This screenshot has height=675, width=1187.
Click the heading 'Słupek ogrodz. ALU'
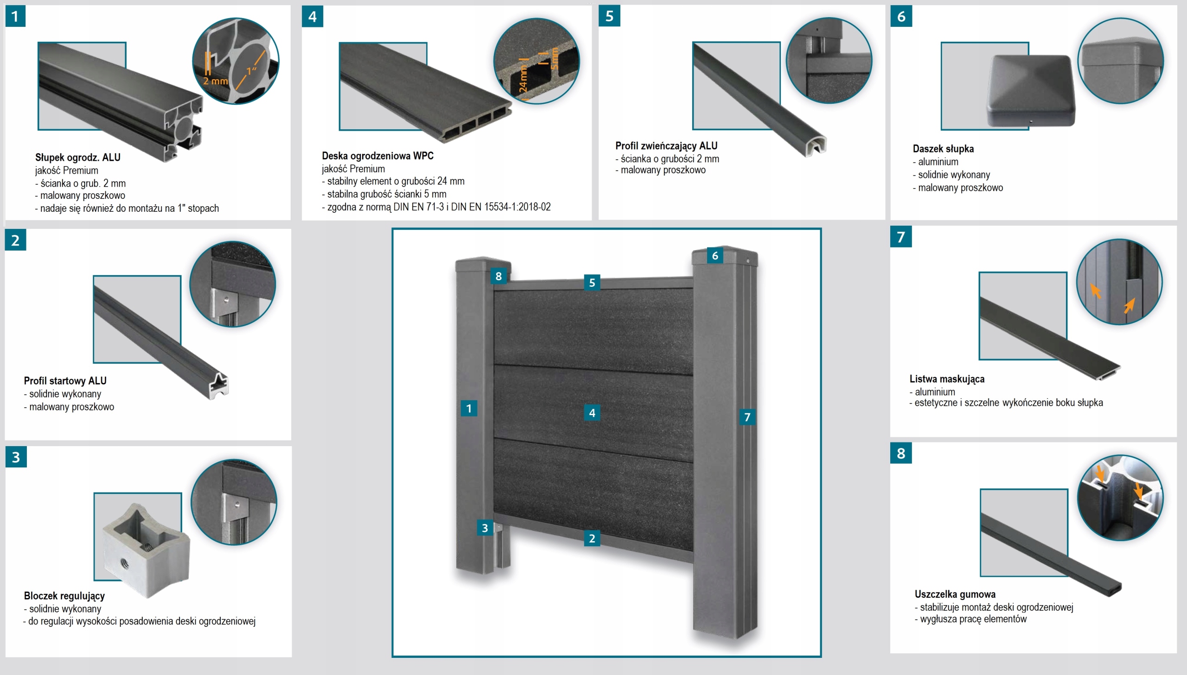coord(77,157)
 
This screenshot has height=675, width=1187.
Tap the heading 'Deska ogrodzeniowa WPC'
coord(377,156)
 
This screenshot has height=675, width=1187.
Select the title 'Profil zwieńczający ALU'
coord(666,145)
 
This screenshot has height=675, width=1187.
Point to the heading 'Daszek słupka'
coord(943,149)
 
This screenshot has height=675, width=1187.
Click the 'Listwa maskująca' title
coord(947,379)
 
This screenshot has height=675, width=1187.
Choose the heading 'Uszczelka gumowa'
coord(955,594)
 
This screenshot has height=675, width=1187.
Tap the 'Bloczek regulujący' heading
coord(64,596)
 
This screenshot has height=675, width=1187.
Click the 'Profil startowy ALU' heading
coord(65,381)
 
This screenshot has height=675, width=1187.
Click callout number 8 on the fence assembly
coord(498,276)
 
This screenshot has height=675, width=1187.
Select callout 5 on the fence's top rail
coord(592,283)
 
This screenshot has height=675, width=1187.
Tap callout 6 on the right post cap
coord(715,255)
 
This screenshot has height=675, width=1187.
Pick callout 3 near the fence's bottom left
coord(485,528)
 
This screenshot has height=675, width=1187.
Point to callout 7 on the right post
coord(747,417)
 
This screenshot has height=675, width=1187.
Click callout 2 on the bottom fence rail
coord(592,538)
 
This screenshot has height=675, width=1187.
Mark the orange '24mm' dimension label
coord(523,78)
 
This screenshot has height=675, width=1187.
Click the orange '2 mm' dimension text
coord(215,81)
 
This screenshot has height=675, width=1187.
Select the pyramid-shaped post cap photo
coord(1030,91)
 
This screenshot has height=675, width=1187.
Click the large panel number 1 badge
coord(15,16)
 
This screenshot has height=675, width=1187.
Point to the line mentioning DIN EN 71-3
coord(436,207)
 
